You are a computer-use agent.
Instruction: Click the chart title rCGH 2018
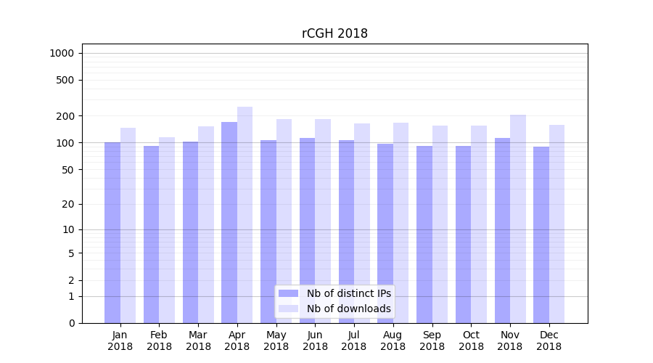click(334, 34)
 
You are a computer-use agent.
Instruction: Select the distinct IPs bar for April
click(229, 222)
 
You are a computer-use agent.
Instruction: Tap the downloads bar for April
click(245, 215)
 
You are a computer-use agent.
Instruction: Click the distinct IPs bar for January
click(112, 232)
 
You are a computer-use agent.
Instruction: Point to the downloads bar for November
click(518, 219)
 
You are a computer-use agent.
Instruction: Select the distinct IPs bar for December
click(541, 234)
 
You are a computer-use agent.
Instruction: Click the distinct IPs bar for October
click(463, 234)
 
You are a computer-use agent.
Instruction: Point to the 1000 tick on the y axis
click(61, 53)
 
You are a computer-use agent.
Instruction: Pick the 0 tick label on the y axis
click(71, 323)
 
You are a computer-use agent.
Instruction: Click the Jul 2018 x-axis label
click(354, 340)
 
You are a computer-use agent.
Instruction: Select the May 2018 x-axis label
click(276, 340)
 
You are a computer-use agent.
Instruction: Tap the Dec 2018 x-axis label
click(549, 340)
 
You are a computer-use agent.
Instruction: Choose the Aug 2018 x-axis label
click(393, 340)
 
